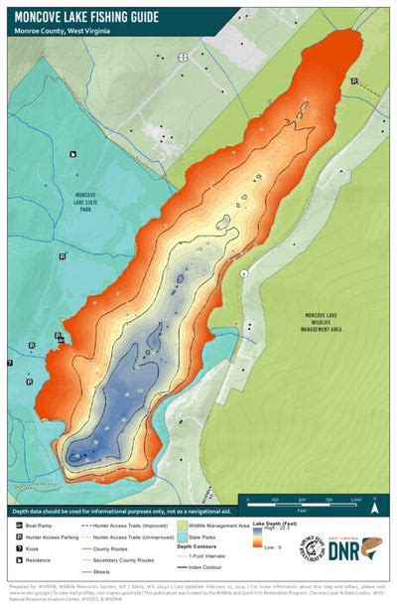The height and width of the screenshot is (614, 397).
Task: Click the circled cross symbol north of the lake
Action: (x=183, y=58)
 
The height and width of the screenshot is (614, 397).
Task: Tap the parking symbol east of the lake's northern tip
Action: (x=353, y=83)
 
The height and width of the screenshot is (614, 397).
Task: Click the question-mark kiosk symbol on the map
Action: (x=10, y=364)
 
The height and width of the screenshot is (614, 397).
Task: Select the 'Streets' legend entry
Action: (x=99, y=572)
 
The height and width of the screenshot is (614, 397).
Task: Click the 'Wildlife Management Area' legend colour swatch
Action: (x=183, y=524)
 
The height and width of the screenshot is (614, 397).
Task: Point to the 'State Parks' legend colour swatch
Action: (x=183, y=536)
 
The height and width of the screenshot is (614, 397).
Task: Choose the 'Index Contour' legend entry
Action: (x=203, y=568)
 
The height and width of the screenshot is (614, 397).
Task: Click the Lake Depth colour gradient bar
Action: (x=258, y=537)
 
